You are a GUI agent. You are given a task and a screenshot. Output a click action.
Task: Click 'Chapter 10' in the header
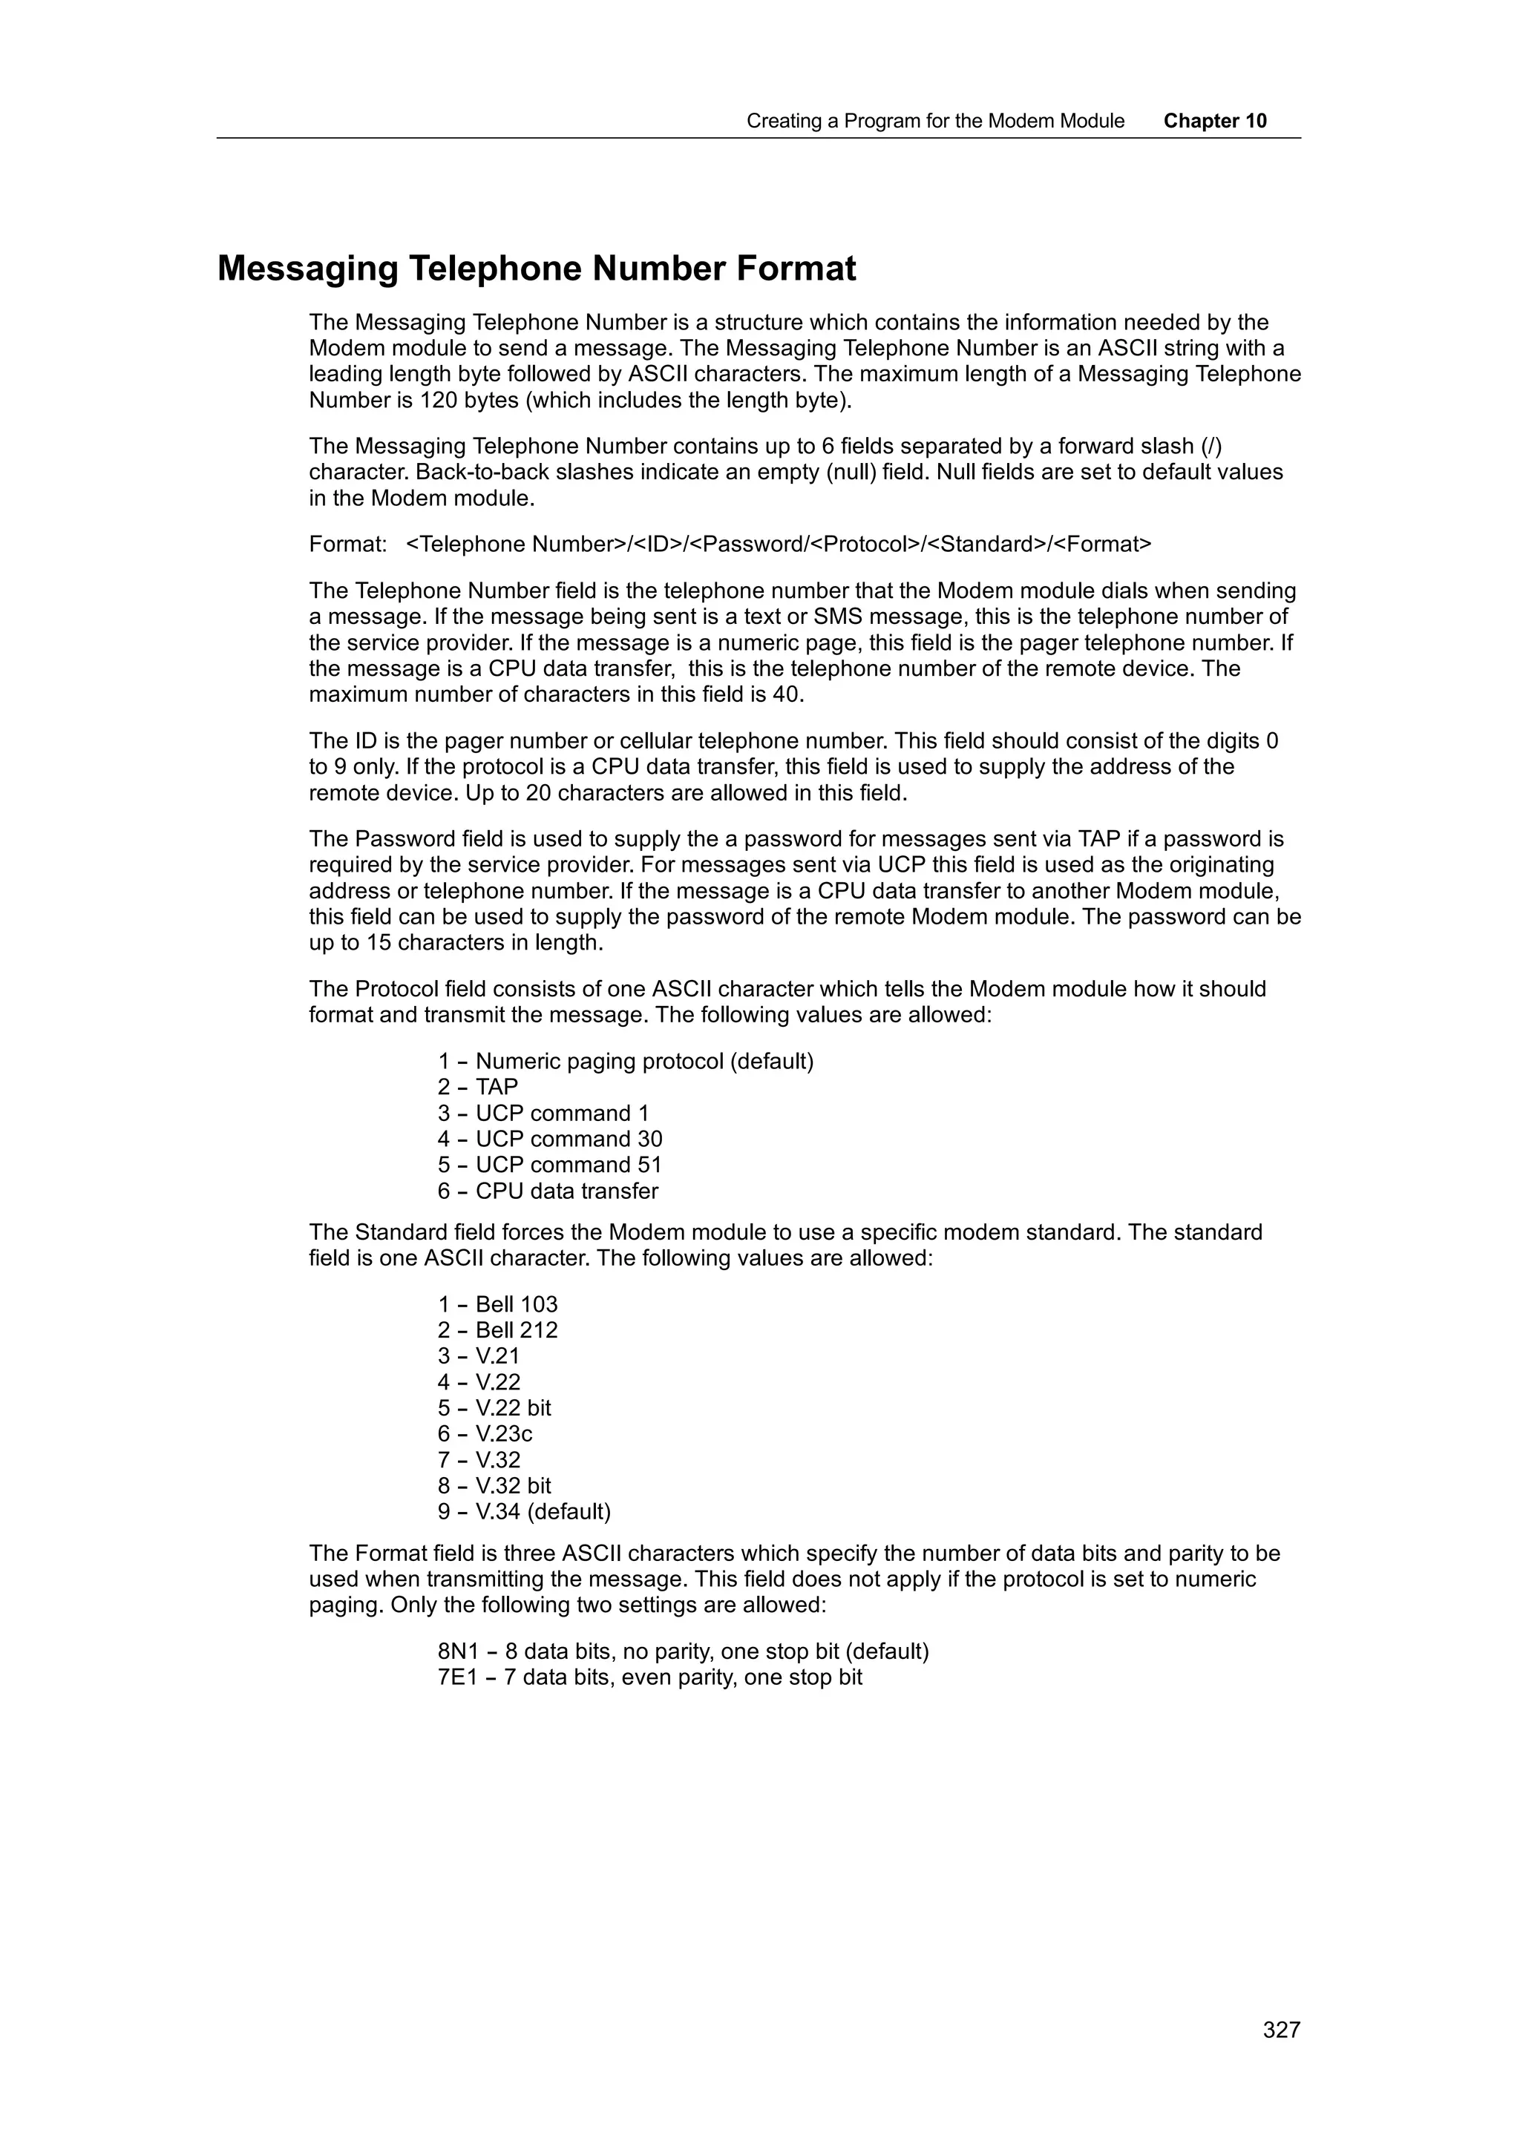point(1215,121)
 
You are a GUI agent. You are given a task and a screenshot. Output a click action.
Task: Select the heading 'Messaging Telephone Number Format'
point(536,269)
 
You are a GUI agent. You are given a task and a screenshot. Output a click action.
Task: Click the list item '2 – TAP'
point(478,1086)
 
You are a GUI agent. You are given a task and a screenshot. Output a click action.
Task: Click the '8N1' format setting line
point(683,1651)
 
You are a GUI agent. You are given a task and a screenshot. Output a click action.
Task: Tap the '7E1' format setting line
point(649,1677)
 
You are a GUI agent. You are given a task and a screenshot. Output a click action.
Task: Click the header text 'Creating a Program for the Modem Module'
point(934,121)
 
